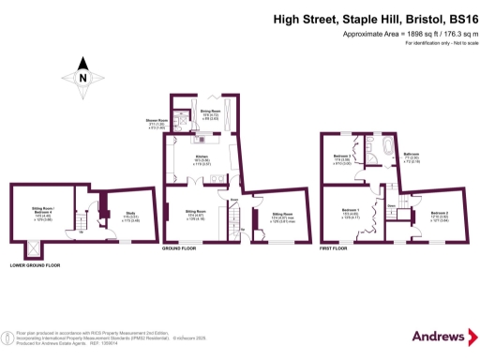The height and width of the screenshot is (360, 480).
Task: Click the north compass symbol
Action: [82, 79]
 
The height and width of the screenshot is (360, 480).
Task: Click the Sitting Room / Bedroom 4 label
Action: [42, 213]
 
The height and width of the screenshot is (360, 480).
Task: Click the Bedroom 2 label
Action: [438, 214]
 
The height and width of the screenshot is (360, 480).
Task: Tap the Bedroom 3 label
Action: [344, 157]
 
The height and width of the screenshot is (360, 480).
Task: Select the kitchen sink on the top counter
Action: [204, 139]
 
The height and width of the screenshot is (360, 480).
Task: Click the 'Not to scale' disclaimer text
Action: [457, 44]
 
